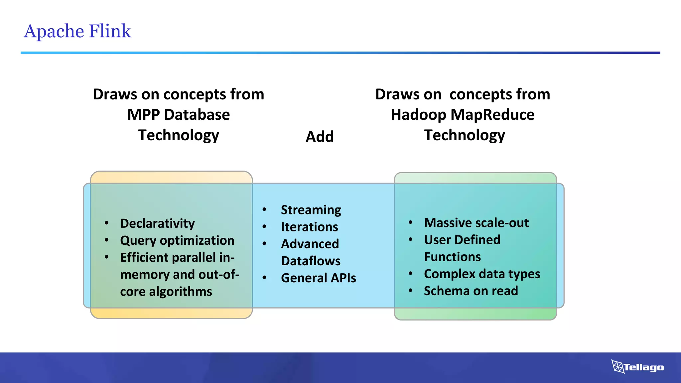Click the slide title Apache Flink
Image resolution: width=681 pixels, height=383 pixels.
pyautogui.click(x=77, y=31)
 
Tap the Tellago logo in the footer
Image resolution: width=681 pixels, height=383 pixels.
pyautogui.click(x=637, y=367)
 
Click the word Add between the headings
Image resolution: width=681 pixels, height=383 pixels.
pyautogui.click(x=320, y=137)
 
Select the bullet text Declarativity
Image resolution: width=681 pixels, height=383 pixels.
pyautogui.click(x=157, y=223)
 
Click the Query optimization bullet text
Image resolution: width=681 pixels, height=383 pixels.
pyautogui.click(x=177, y=240)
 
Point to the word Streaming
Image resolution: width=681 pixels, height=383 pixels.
pyautogui.click(x=311, y=210)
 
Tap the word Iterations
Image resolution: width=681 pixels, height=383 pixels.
pyautogui.click(x=309, y=227)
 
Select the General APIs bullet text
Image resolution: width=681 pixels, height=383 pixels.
pyautogui.click(x=318, y=278)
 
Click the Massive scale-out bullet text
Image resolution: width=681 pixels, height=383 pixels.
pyautogui.click(x=476, y=223)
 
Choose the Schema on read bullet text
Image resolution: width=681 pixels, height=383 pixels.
pyautogui.click(x=471, y=291)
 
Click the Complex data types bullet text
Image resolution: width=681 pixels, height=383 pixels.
pyautogui.click(x=482, y=274)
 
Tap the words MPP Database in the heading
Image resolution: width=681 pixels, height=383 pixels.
pyautogui.click(x=179, y=115)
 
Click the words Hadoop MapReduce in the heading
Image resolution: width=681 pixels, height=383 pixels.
pyautogui.click(x=463, y=115)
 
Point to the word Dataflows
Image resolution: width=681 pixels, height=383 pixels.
pyautogui.click(x=311, y=261)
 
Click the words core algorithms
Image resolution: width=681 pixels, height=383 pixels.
pyautogui.click(x=166, y=292)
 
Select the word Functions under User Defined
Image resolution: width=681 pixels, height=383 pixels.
pyautogui.click(x=452, y=257)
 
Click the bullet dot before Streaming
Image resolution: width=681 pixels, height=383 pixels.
pyautogui.click(x=264, y=209)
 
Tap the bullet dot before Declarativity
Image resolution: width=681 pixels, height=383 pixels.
pyautogui.click(x=106, y=223)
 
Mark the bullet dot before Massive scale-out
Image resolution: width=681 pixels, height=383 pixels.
pyautogui.click(x=410, y=222)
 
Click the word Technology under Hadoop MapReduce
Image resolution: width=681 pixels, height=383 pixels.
pyautogui.click(x=464, y=135)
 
